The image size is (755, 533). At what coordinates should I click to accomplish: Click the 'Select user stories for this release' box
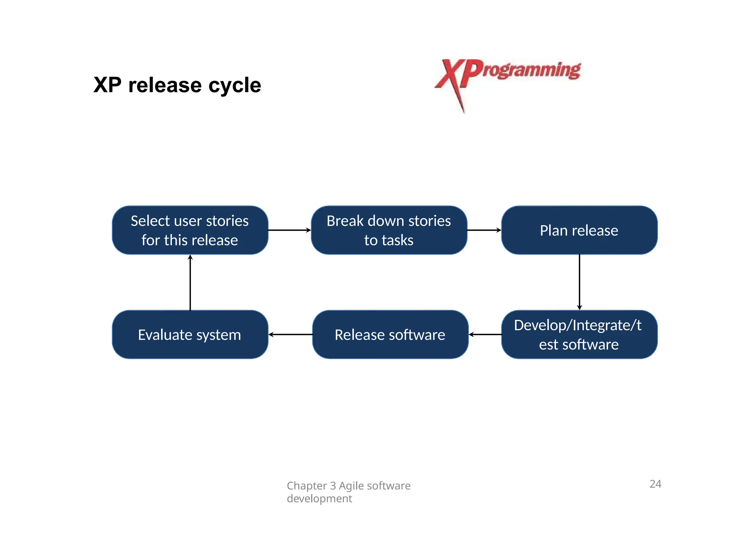pyautogui.click(x=190, y=230)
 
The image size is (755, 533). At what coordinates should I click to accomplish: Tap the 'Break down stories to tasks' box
pyautogui.click(x=389, y=230)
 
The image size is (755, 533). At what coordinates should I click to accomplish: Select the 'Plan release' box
pyautogui.click(x=579, y=230)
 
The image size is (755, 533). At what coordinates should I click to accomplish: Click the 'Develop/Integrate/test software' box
pyautogui.click(x=579, y=334)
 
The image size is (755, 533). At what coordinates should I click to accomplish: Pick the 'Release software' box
pyautogui.click(x=390, y=334)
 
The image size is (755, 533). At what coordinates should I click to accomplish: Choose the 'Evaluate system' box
pyautogui.click(x=190, y=334)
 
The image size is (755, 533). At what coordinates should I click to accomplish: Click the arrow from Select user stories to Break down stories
pyautogui.click(x=289, y=230)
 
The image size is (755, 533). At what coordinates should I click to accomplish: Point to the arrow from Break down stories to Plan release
pyautogui.click(x=484, y=230)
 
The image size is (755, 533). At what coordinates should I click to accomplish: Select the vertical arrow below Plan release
pyautogui.click(x=580, y=282)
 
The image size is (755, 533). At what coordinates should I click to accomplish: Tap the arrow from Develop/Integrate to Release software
pyautogui.click(x=485, y=334)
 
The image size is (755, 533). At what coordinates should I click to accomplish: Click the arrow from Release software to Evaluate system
pyautogui.click(x=290, y=334)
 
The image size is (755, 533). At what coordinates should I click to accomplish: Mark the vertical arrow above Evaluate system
pyautogui.click(x=190, y=282)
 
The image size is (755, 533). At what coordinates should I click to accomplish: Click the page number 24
pyautogui.click(x=655, y=484)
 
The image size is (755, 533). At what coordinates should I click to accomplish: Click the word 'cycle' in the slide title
pyautogui.click(x=234, y=86)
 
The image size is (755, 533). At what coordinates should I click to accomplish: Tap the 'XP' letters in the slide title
pyautogui.click(x=107, y=85)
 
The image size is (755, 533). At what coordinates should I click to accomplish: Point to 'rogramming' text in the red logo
pyautogui.click(x=531, y=70)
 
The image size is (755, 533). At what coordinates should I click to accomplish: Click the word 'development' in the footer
pyautogui.click(x=319, y=498)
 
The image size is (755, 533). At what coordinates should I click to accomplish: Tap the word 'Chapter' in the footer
pyautogui.click(x=307, y=486)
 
